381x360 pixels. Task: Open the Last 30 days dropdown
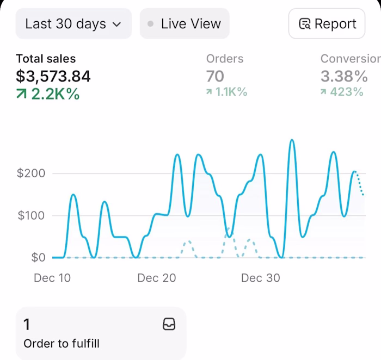(73, 24)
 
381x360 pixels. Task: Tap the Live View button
(185, 24)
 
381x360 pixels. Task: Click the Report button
(327, 24)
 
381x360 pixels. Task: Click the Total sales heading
(46, 59)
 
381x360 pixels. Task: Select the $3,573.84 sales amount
(53, 76)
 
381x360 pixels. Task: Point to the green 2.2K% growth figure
(48, 94)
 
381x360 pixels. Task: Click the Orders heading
(225, 59)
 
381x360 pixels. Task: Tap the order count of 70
(215, 76)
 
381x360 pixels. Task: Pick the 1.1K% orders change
(227, 92)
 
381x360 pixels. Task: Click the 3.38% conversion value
(344, 76)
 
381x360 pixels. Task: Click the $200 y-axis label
(30, 173)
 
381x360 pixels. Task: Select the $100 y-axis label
(30, 215)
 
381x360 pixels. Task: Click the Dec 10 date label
(52, 278)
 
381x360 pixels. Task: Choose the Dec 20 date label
(157, 278)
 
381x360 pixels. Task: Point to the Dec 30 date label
(260, 278)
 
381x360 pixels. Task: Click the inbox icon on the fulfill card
(169, 325)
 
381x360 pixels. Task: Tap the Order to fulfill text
(62, 344)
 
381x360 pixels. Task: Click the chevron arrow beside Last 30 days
(116, 24)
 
